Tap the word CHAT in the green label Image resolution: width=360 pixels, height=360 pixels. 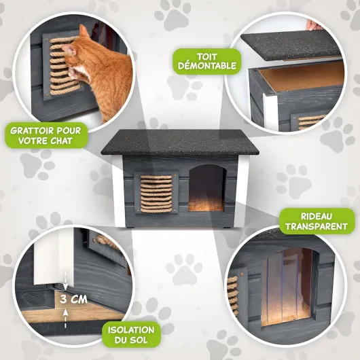62,141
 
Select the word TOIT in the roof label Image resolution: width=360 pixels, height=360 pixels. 207,56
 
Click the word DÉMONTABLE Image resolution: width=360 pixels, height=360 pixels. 207,66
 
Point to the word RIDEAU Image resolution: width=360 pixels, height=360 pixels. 317,216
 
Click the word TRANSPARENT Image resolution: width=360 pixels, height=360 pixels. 317,226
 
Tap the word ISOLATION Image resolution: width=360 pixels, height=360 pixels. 131,330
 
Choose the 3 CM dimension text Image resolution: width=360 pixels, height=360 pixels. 73,299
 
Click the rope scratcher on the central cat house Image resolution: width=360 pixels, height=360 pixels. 156,194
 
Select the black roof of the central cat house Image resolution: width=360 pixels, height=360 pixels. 180,142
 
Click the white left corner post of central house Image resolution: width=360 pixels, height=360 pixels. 118,191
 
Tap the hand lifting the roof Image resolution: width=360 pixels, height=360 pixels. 314,25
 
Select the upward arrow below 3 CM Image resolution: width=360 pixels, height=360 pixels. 65,319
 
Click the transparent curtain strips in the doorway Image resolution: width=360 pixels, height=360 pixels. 287,287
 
